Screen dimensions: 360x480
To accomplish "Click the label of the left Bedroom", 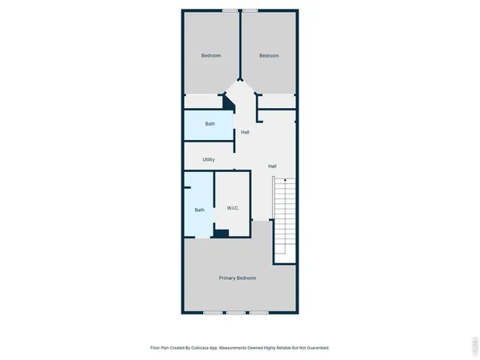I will point(210,55).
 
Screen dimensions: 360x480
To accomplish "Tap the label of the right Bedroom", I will point(269,55).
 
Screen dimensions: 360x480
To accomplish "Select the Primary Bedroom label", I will point(238,278).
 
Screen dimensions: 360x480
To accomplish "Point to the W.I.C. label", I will point(234,209).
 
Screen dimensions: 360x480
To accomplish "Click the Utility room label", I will point(208,159).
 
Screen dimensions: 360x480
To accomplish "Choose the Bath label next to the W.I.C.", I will point(200,210).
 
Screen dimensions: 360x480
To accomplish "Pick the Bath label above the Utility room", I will point(210,123).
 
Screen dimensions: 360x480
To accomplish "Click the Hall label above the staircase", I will point(272,166).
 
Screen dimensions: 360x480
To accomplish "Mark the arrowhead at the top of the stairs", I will point(285,181).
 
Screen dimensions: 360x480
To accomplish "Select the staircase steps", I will point(285,220).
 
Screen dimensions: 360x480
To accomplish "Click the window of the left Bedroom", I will point(230,10).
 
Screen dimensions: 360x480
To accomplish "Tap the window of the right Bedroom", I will point(250,10).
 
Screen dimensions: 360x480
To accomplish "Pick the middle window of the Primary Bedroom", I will point(235,312).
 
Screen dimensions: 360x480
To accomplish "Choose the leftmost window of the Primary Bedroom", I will point(212,312).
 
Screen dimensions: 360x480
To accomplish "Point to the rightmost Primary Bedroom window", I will point(258,312).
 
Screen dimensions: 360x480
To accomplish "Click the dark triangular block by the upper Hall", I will point(228,103).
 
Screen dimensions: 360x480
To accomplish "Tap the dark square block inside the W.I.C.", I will point(222,234).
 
